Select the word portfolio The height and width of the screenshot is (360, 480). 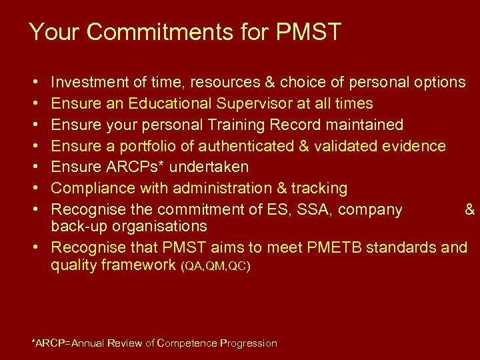[x=152, y=146]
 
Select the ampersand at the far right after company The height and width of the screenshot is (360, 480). [x=470, y=210]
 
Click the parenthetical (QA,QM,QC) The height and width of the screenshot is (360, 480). [x=215, y=267]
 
